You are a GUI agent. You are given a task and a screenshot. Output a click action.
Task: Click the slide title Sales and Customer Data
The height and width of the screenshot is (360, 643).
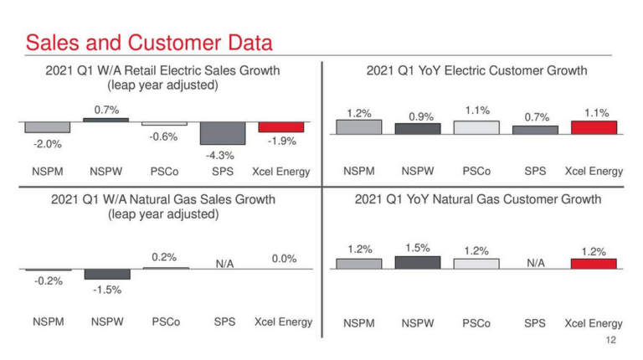[x=149, y=41]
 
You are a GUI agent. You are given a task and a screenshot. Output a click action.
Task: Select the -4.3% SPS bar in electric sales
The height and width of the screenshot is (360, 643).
[x=223, y=133]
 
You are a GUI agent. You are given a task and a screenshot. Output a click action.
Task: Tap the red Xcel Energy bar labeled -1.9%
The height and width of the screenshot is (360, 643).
[x=281, y=127]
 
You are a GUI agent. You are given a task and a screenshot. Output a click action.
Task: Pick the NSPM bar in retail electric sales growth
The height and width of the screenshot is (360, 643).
[x=48, y=127]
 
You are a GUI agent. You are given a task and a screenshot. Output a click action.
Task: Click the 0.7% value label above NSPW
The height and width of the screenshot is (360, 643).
[x=106, y=109]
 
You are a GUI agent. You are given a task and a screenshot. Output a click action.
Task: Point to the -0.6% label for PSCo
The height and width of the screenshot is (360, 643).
[x=164, y=136]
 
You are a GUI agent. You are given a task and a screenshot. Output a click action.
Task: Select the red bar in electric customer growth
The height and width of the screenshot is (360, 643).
[x=594, y=127]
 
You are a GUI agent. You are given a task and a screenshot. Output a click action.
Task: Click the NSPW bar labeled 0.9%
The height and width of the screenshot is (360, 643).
[x=418, y=129]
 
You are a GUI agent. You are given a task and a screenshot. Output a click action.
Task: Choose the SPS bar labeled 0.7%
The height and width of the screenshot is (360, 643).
[x=536, y=130]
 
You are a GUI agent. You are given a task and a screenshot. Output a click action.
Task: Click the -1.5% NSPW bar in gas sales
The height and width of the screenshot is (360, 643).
[x=107, y=275]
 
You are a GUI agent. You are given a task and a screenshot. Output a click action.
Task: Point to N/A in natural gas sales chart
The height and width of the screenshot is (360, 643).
[x=224, y=263]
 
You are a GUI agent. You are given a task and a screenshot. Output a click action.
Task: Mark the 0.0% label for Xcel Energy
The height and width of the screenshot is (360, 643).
[x=285, y=259]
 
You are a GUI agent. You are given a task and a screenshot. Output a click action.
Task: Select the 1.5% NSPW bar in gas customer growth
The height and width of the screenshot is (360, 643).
[x=418, y=263]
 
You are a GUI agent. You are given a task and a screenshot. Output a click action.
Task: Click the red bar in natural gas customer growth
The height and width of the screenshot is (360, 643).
[x=594, y=264]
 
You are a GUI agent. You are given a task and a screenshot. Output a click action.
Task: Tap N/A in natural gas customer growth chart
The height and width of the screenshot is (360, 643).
[x=536, y=263]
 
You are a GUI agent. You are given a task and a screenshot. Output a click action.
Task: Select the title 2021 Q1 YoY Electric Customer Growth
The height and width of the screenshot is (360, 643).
[x=476, y=71]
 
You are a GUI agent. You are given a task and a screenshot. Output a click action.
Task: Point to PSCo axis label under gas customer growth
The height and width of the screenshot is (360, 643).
[x=476, y=323]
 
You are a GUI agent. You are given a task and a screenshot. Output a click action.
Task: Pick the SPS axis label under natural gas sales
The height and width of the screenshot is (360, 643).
[x=224, y=321]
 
